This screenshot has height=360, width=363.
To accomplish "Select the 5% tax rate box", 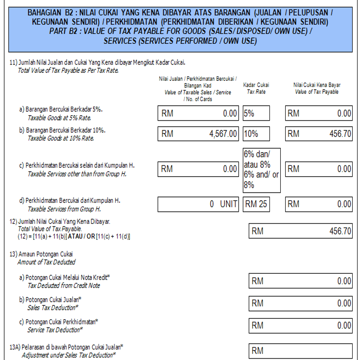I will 256,113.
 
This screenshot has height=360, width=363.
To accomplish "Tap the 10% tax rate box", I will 256,134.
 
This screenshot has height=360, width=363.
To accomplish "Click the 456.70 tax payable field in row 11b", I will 318,134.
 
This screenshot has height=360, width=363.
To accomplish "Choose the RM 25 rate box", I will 256,204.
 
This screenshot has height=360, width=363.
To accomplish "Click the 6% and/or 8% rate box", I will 262,169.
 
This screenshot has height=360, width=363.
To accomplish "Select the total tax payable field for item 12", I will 300,231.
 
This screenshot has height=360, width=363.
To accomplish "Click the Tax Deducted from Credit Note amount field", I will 300,281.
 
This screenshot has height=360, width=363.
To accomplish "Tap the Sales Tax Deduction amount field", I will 300,303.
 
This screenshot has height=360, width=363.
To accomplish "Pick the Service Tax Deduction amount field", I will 300,325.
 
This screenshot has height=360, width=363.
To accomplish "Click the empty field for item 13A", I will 300,351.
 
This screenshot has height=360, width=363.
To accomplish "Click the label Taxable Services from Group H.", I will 64,210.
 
